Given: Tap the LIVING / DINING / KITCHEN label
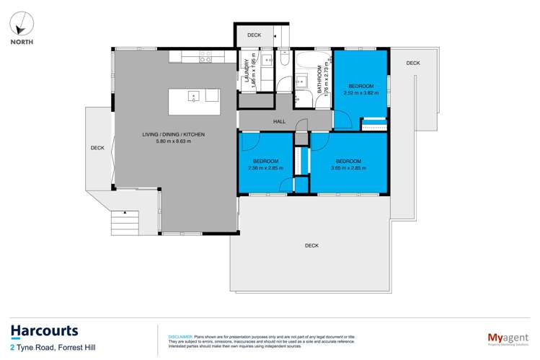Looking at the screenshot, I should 170,134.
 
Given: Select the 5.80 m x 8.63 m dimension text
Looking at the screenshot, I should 170,141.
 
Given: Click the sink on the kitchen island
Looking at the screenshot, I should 194,95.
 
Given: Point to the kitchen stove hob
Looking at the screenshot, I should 205,56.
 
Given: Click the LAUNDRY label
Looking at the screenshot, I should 247,71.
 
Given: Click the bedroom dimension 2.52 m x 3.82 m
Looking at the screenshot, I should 361,92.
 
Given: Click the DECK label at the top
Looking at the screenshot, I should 254,35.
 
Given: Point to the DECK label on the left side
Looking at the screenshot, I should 97,148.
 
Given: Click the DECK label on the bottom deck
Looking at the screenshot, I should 311,246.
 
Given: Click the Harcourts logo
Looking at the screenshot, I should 44,331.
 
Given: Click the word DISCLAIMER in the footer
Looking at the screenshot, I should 180,336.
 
